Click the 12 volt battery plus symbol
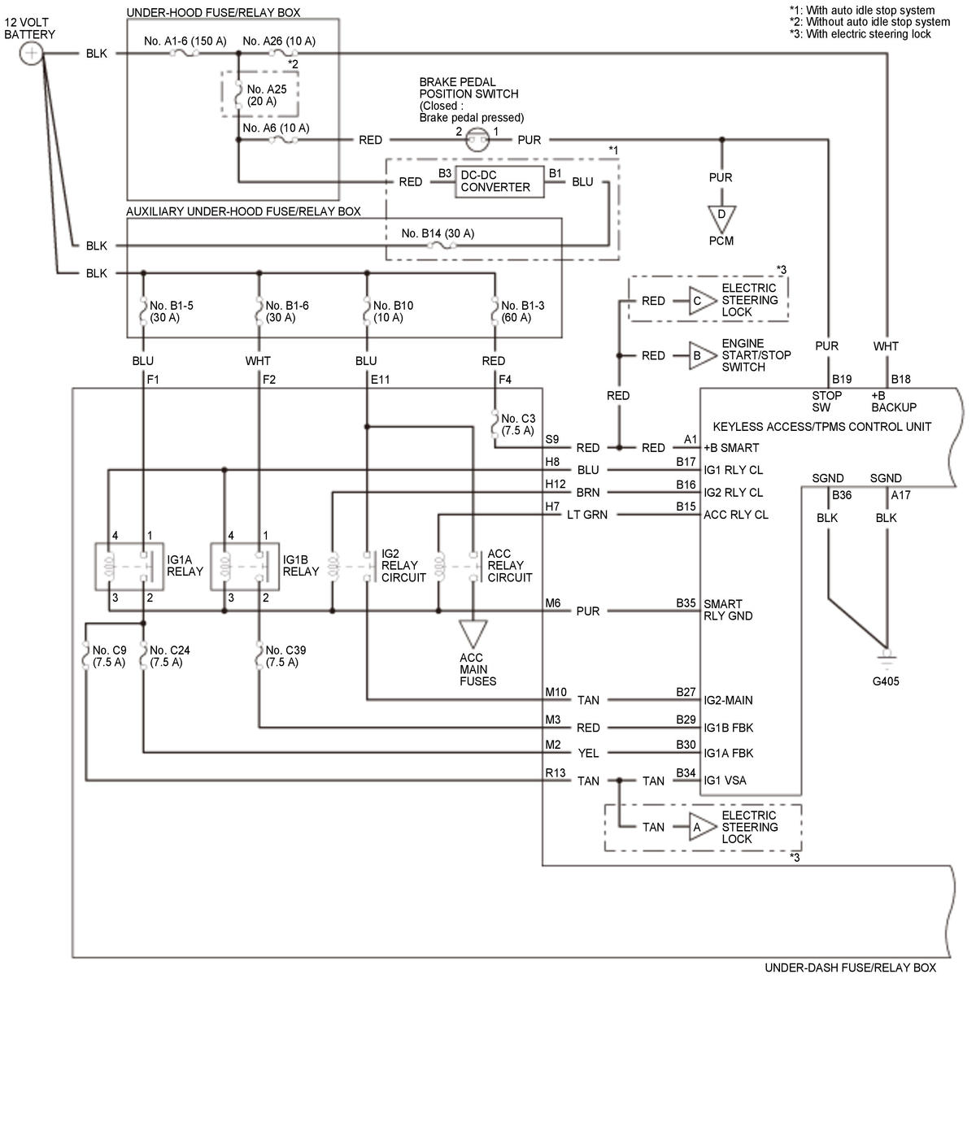pos(31,54)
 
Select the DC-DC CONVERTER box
pos(495,180)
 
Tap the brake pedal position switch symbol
pos(477,141)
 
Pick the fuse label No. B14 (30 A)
pos(438,233)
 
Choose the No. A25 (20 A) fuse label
pos(267,95)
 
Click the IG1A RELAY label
pos(185,565)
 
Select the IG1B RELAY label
pos(300,565)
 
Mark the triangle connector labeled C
pos(699,301)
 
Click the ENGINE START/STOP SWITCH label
pos(756,355)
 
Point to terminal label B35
pos(686,603)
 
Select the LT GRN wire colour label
pos(587,515)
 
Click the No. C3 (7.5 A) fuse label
pos(518,424)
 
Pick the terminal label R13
pos(555,772)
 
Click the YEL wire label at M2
pos(588,753)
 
